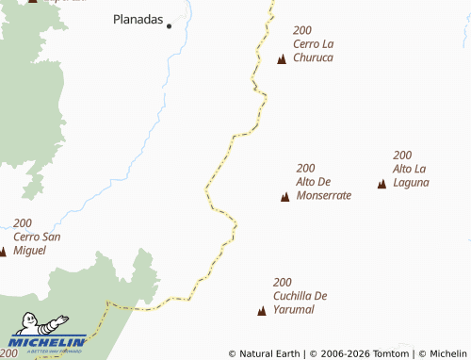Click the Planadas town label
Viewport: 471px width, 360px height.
(x=138, y=18)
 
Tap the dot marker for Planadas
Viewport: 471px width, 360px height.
(x=170, y=26)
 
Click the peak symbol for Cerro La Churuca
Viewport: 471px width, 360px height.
(x=282, y=59)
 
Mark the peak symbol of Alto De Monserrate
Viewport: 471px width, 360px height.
(x=285, y=196)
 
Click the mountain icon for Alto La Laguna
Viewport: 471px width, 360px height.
(x=382, y=184)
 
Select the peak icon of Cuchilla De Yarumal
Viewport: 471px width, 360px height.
(x=262, y=310)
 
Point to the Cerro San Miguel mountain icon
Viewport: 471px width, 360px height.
(x=3, y=252)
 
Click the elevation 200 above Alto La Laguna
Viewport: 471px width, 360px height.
(x=402, y=155)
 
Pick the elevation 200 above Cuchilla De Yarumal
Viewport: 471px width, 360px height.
(x=283, y=282)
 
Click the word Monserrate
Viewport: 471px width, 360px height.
(x=323, y=195)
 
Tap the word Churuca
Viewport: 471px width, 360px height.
(x=314, y=57)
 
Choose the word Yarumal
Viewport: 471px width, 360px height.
(x=293, y=309)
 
